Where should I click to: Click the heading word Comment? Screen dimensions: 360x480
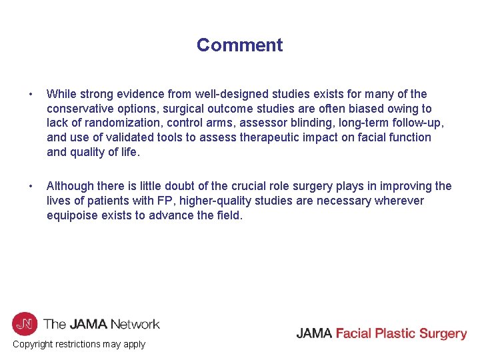point(239,45)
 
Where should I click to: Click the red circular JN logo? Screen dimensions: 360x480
point(24,324)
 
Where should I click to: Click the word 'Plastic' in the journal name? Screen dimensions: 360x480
point(391,333)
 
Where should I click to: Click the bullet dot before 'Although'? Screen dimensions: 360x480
point(23,186)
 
